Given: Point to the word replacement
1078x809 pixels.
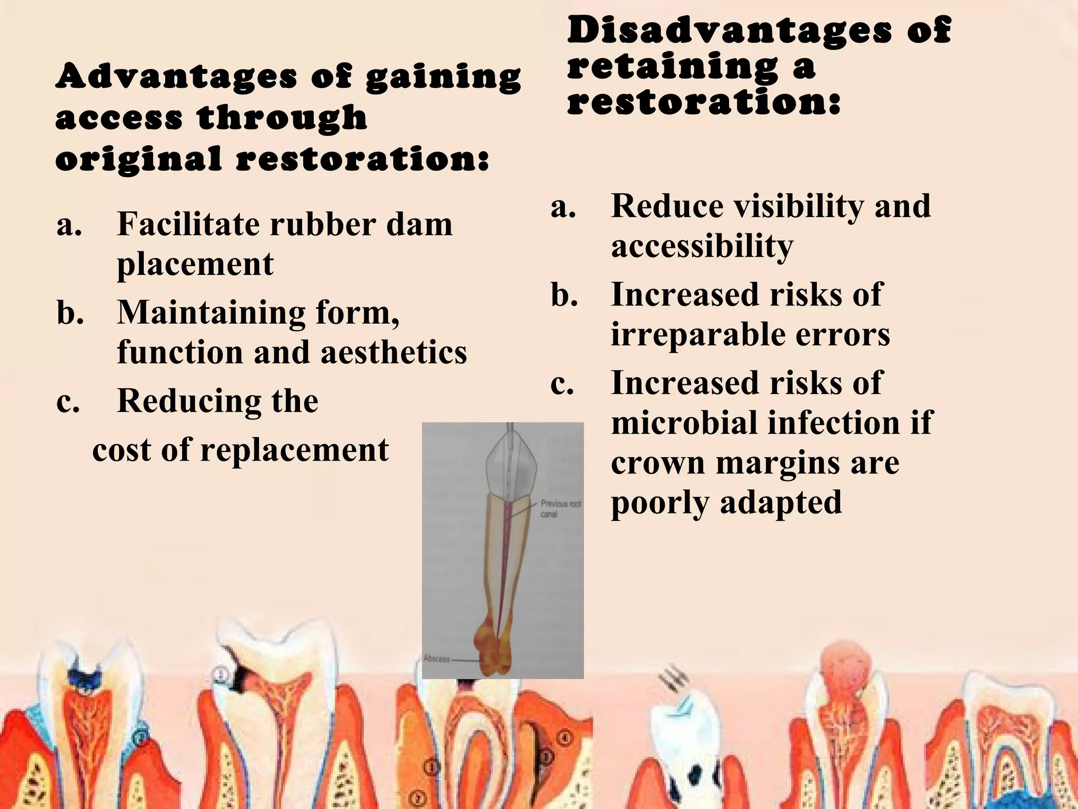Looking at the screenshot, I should tap(294, 450).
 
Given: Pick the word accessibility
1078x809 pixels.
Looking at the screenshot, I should tap(702, 246).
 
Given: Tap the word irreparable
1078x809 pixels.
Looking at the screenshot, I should tap(697, 334).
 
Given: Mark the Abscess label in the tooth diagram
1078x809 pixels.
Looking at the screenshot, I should tap(437, 658).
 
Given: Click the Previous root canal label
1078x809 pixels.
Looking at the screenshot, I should tap(561, 508).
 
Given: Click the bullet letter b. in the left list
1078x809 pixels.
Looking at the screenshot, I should tap(71, 313).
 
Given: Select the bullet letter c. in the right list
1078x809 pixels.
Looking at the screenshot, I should tap(562, 383).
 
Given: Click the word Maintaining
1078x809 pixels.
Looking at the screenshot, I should tap(211, 313).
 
